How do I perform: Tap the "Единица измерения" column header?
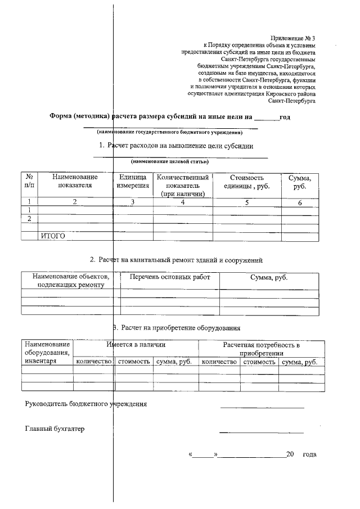(x=133, y=181)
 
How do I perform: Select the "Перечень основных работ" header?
(x=169, y=277)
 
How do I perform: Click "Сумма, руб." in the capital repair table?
(x=269, y=277)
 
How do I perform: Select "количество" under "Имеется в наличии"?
(x=94, y=362)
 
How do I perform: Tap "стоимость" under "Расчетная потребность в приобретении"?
(x=259, y=362)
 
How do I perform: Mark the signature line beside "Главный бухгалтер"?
(x=261, y=432)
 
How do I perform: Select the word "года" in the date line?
(x=309, y=454)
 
